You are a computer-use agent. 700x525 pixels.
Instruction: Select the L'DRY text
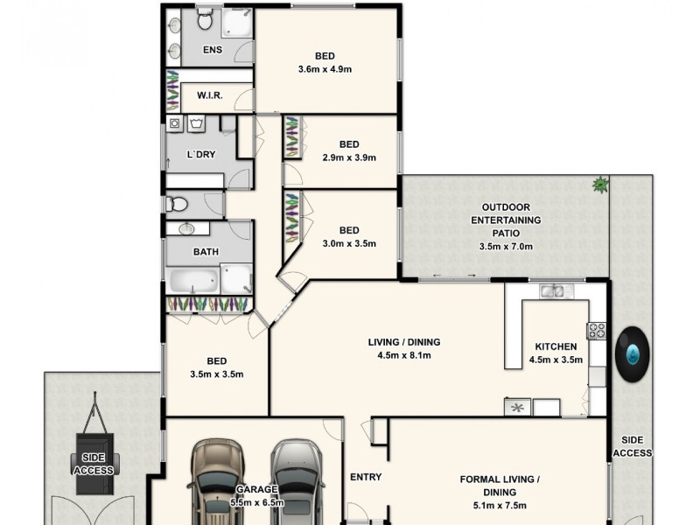click(x=202, y=154)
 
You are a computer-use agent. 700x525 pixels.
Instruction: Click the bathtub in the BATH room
click(x=193, y=282)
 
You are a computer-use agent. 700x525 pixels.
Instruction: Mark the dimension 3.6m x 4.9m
click(x=325, y=69)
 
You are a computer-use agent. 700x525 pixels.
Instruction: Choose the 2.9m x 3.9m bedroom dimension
click(x=349, y=157)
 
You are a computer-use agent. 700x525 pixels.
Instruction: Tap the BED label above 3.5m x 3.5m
click(x=217, y=360)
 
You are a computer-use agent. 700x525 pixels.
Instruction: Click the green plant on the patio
click(x=600, y=185)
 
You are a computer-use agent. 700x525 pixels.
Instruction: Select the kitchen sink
click(x=551, y=292)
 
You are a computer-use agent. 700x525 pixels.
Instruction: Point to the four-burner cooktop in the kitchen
click(x=597, y=330)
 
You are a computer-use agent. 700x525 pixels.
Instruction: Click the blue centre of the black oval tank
click(x=633, y=354)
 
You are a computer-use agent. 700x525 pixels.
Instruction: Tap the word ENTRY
click(x=366, y=477)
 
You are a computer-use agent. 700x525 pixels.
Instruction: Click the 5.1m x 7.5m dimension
click(x=500, y=506)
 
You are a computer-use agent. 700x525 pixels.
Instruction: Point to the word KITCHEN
click(x=556, y=346)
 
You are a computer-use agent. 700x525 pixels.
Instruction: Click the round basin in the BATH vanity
click(x=186, y=229)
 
